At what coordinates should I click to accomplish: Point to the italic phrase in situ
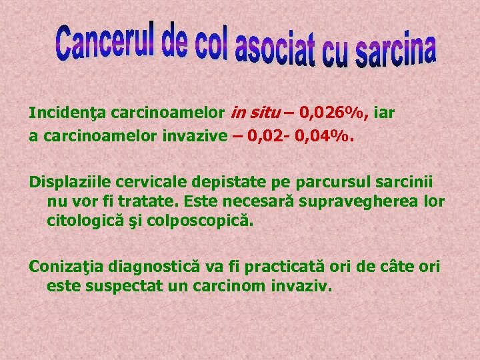258,113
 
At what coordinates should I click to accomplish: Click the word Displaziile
69,181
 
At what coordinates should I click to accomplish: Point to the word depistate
216,181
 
